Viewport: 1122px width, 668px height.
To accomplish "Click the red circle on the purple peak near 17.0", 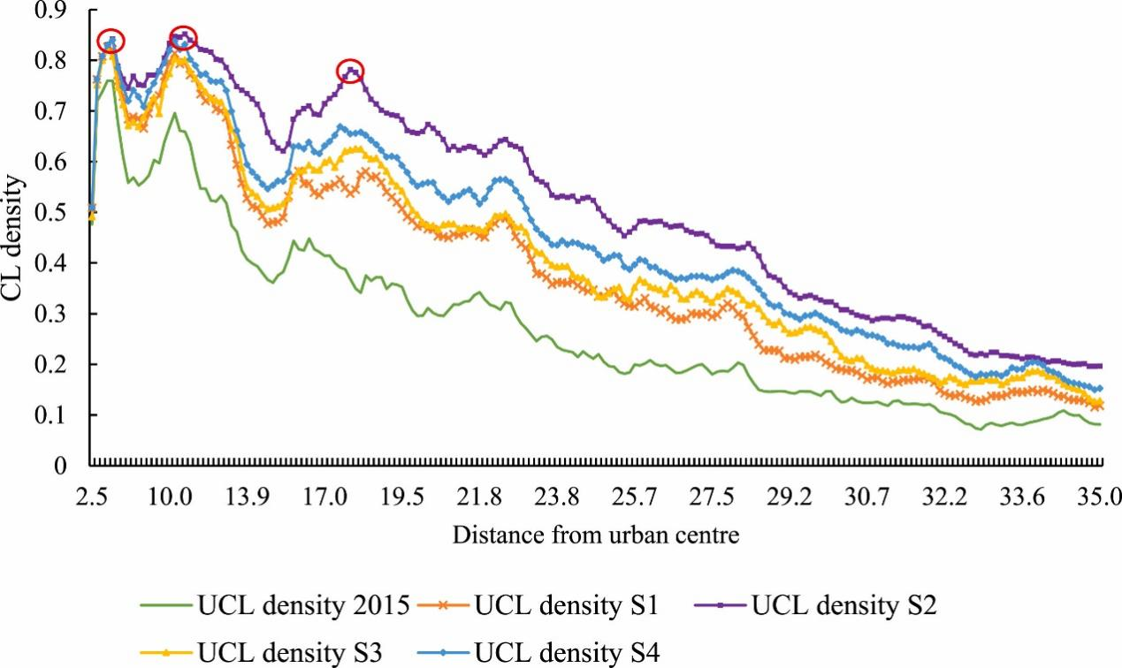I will click(x=351, y=72).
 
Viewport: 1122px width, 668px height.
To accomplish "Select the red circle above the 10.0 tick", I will click(x=183, y=38).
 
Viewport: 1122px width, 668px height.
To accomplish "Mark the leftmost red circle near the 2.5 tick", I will click(x=111, y=41).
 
